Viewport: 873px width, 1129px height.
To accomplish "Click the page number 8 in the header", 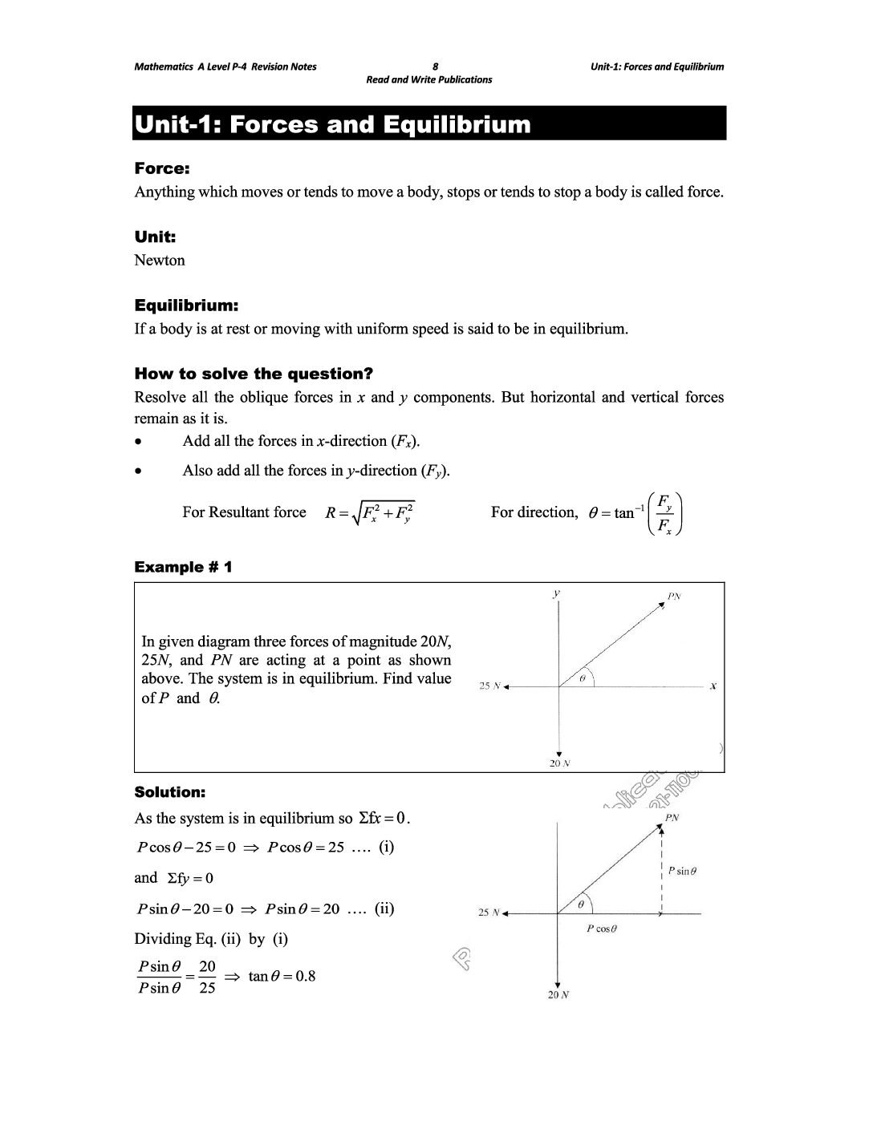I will pos(435,67).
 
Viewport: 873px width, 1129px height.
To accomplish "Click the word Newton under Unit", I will pos(160,261).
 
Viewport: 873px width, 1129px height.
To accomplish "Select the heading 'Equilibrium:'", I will pos(186,306).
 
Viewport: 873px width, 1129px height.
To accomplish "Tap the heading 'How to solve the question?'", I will pos(254,374).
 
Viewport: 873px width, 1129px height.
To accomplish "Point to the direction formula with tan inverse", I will pos(636,513).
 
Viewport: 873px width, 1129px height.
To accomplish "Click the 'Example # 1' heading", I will pos(183,567).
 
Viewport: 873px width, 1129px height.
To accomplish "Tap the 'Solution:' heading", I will pos(170,792).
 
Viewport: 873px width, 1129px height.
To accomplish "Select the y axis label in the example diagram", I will pos(556,593).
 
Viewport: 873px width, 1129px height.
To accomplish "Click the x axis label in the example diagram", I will pos(713,686).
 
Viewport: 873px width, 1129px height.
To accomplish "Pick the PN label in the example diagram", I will pos(674,597).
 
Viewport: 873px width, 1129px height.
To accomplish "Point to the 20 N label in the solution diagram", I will pos(559,995).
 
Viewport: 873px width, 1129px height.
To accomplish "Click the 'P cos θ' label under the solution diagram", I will pos(602,929).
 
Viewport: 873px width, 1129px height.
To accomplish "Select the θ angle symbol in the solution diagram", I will pos(581,904).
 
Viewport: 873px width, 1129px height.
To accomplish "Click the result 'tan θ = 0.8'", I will pos(282,976).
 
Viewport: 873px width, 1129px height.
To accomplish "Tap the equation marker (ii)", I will pos(384,908).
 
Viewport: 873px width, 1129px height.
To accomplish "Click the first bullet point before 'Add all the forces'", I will pos(140,442).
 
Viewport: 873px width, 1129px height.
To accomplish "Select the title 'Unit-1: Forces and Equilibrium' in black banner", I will pos(333,124).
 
